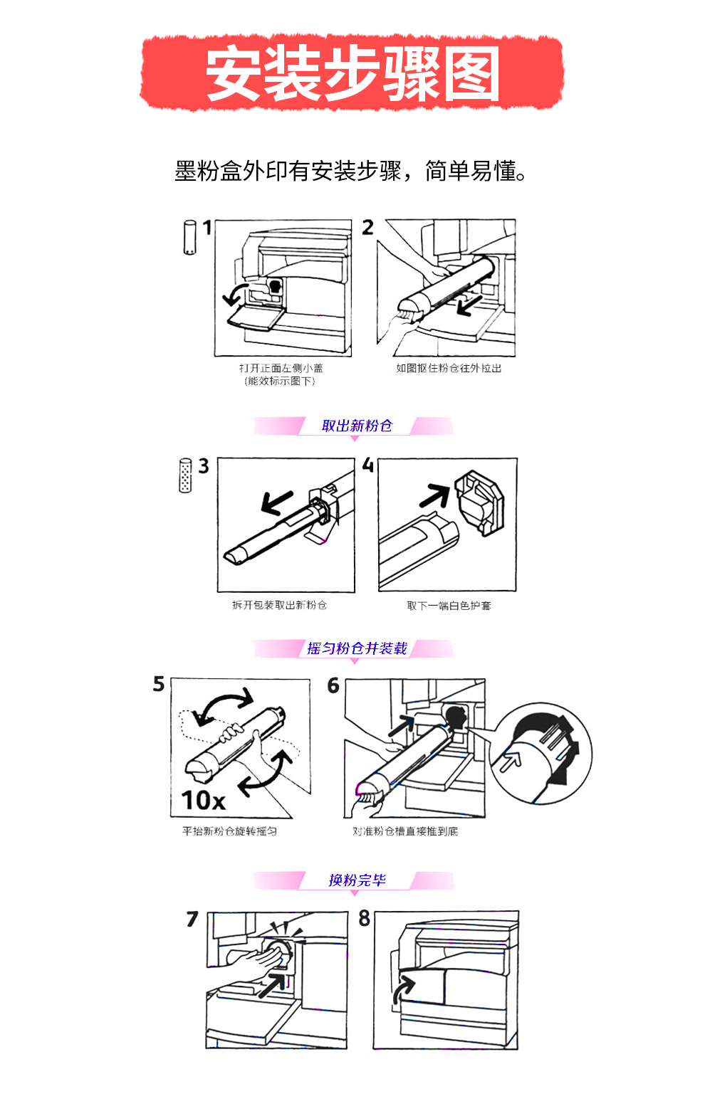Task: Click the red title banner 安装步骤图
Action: (x=352, y=73)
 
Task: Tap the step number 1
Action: (x=207, y=228)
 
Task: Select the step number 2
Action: (x=367, y=227)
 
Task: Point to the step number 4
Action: (x=367, y=465)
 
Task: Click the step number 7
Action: (x=192, y=919)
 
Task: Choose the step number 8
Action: (x=365, y=918)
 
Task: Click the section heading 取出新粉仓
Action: (x=357, y=426)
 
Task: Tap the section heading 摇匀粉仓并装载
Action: (x=357, y=648)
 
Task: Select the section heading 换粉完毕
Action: (x=357, y=880)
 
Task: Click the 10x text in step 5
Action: (x=203, y=801)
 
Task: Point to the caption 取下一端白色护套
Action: (x=449, y=606)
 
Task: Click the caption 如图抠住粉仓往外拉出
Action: (x=449, y=368)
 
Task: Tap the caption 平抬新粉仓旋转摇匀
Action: (x=229, y=831)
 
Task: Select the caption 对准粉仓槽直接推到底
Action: (x=405, y=831)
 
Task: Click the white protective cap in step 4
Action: (x=479, y=502)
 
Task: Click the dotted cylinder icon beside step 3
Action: (x=185, y=475)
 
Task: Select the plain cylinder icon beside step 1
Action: (x=189, y=237)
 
